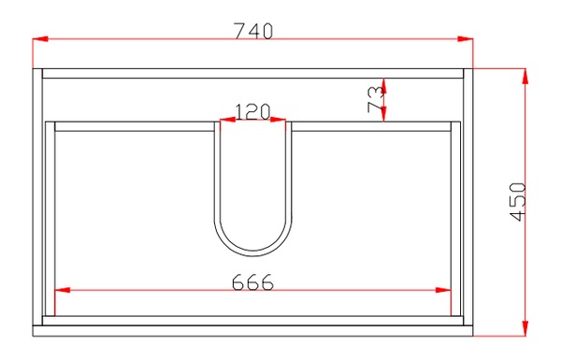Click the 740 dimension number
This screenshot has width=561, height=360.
click(253, 31)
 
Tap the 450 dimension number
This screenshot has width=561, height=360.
click(518, 202)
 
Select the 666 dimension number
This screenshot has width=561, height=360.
click(252, 282)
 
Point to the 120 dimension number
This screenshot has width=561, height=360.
click(252, 111)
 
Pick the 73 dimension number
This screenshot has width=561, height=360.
click(375, 99)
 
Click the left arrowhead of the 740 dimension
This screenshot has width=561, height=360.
click(40, 38)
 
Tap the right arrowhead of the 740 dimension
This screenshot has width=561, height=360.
click(465, 38)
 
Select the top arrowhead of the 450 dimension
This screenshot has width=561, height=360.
click(525, 76)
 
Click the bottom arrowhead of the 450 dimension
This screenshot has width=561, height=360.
click(525, 328)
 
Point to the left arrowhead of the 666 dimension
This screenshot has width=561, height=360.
click(63, 290)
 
